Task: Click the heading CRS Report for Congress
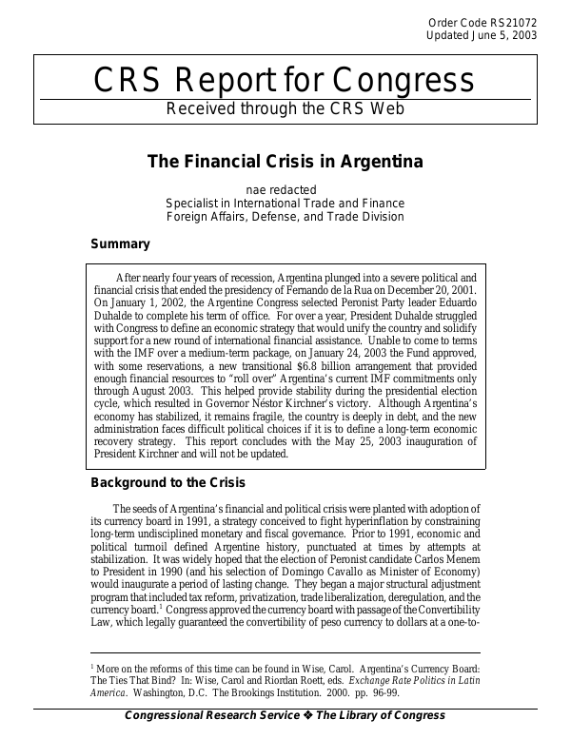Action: [285, 82]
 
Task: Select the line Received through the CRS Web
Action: [285, 107]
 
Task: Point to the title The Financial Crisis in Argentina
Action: [285, 160]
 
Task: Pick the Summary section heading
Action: [119, 244]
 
